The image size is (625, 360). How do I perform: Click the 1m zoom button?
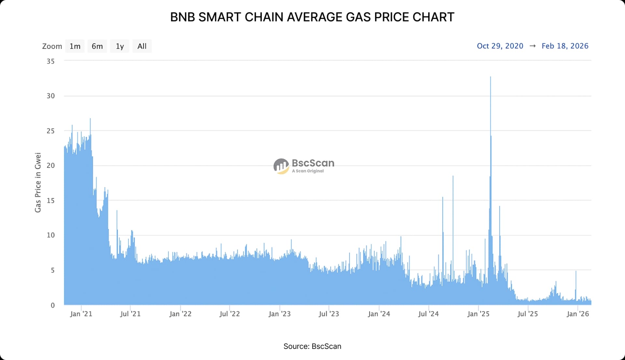tap(75, 46)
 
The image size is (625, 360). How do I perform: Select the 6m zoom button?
tap(97, 46)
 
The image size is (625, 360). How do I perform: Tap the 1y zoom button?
tap(119, 46)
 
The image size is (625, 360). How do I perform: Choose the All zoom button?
tap(142, 46)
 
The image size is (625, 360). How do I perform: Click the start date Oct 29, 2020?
tap(500, 46)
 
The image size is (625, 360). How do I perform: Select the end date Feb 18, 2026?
tap(565, 46)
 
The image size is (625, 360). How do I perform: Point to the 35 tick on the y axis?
tap(50, 61)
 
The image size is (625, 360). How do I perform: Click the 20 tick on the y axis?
tap(50, 165)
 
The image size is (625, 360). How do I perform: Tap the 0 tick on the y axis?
tap(52, 305)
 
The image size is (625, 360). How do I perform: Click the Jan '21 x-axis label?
tap(81, 314)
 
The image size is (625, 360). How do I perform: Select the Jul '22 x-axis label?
tap(229, 314)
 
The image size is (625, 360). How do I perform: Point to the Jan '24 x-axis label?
tap(379, 314)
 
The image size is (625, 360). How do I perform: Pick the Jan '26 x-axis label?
tap(577, 314)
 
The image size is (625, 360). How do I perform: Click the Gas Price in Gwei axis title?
tap(38, 183)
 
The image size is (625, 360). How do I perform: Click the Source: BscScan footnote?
tap(312, 346)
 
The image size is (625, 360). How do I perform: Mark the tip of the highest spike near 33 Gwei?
tap(490, 77)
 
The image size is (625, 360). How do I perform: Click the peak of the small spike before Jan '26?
tap(576, 271)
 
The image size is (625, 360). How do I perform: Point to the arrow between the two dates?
tap(533, 46)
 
